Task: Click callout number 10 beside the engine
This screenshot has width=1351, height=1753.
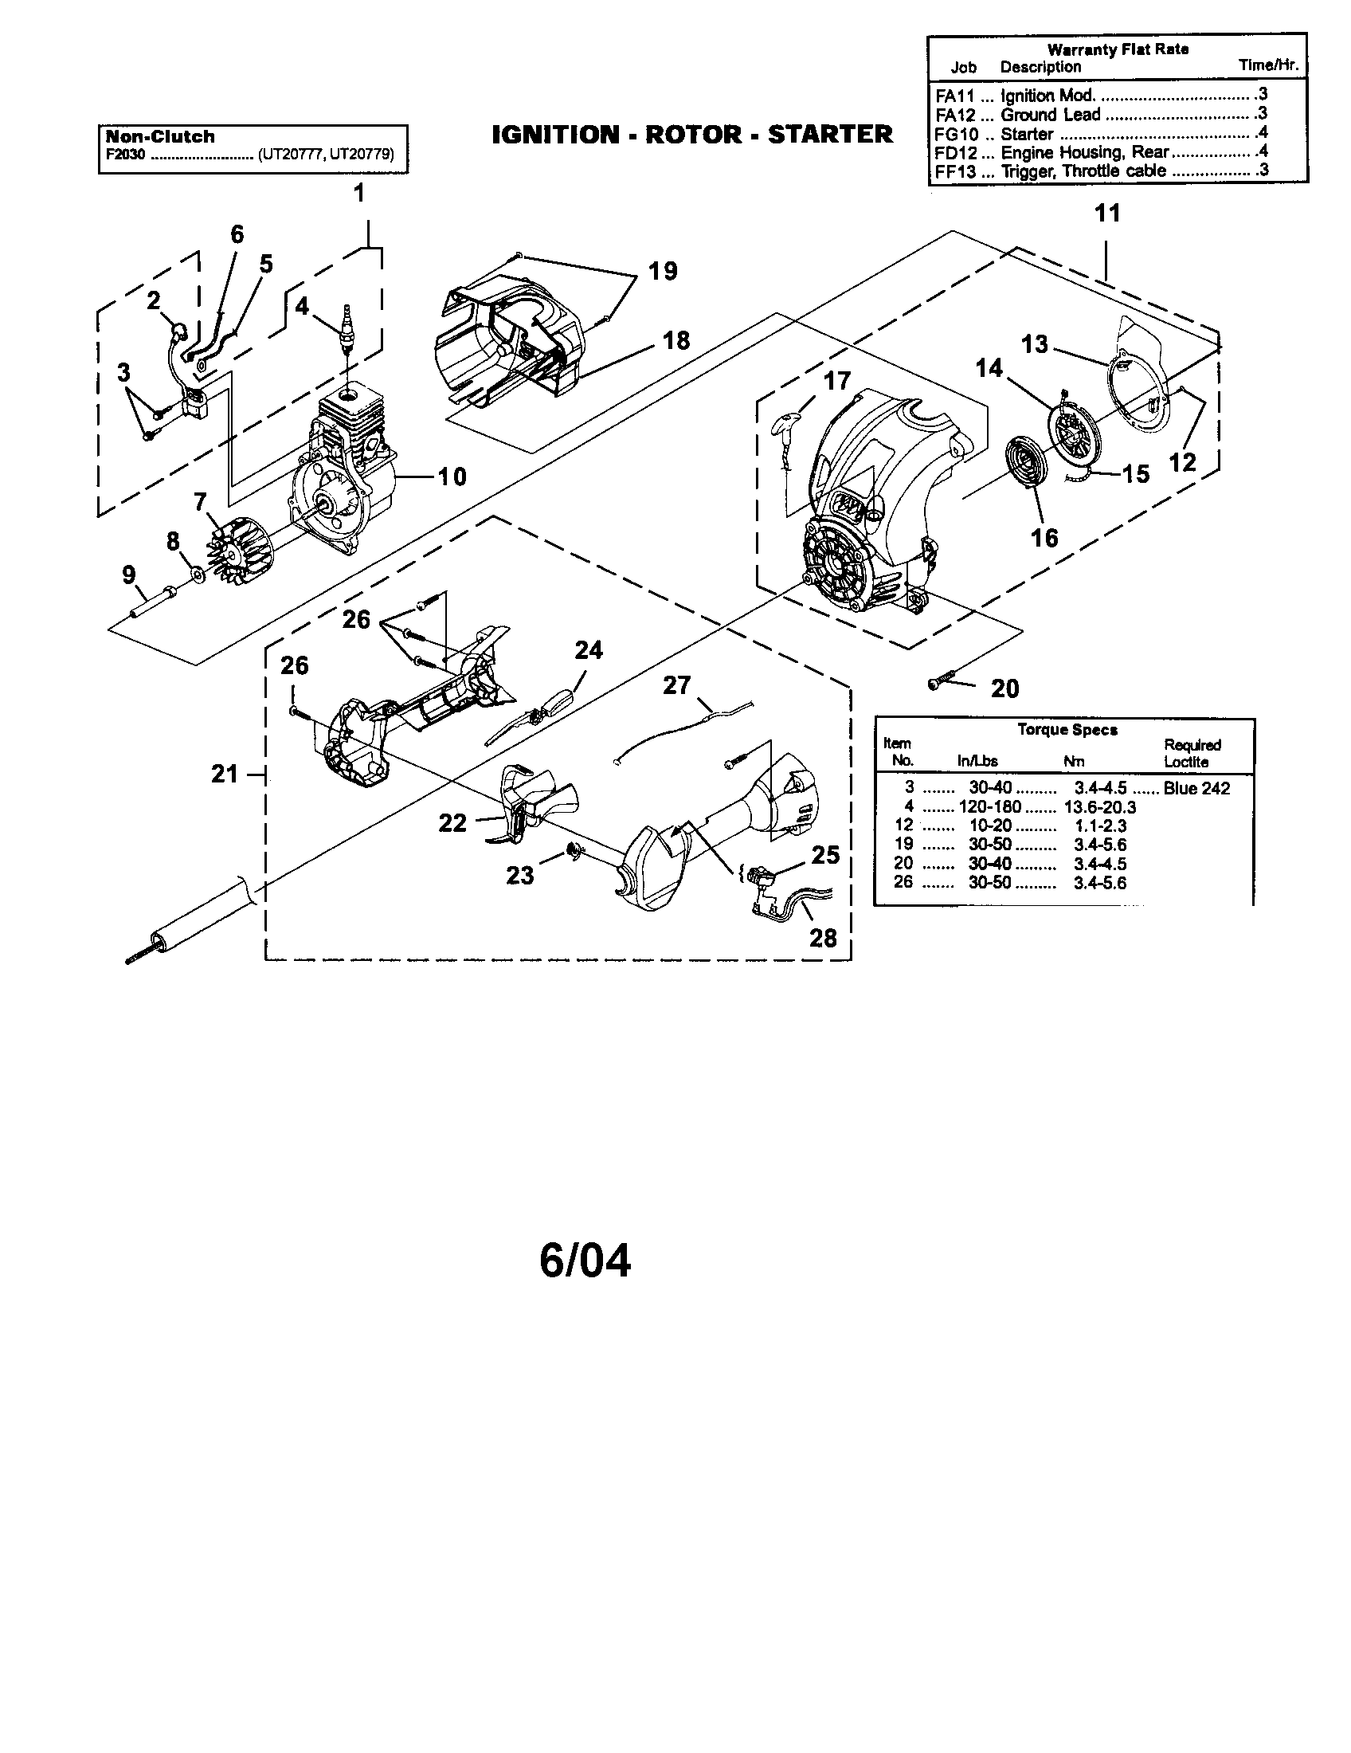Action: (x=452, y=476)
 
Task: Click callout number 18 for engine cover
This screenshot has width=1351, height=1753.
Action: (x=676, y=340)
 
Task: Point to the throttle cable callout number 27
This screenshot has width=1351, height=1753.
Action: (x=676, y=685)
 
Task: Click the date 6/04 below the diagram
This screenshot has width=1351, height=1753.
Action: (x=585, y=1261)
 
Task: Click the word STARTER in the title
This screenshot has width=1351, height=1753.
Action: (x=829, y=134)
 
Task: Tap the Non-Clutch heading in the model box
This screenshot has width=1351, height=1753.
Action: (x=160, y=136)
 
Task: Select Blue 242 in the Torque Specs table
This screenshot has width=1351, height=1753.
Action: (x=1196, y=788)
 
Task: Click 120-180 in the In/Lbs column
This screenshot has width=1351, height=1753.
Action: (x=989, y=806)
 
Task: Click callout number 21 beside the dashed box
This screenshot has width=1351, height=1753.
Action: (x=225, y=774)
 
